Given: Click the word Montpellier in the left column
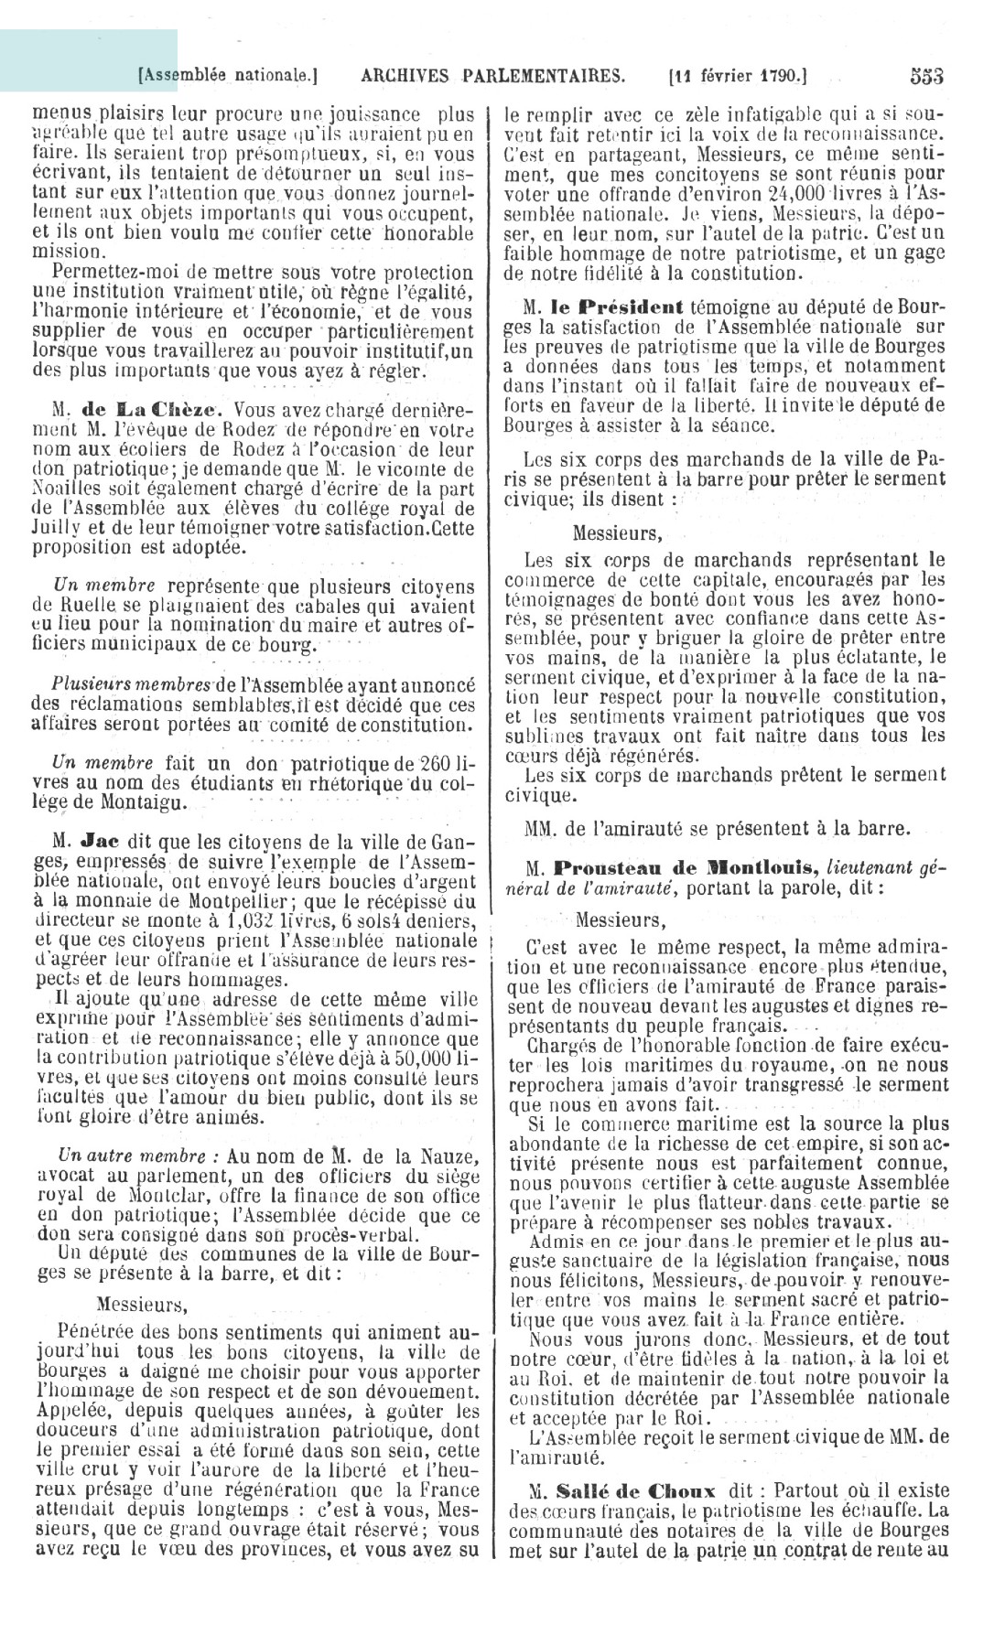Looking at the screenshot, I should [x=239, y=901].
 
